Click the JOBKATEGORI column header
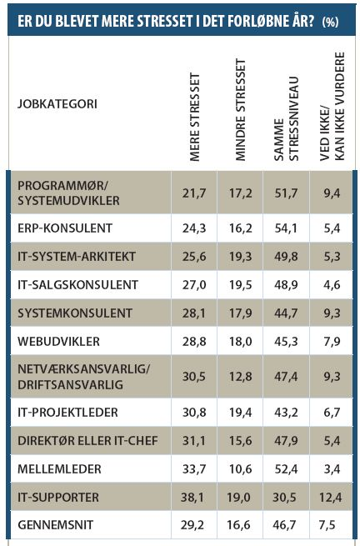point(57,103)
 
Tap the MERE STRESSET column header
point(195,117)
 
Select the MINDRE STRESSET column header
point(241,110)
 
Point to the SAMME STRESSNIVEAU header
point(286,119)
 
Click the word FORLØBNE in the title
point(261,22)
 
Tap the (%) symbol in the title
point(330,22)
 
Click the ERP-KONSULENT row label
point(65,228)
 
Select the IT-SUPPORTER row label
point(58,497)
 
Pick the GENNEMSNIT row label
point(56,525)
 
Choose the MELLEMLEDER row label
point(59,468)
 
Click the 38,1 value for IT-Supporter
point(192,497)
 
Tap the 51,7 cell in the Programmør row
point(286,193)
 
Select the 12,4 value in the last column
point(330,497)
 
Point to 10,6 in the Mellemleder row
point(241,468)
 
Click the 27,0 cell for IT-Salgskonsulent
point(194,284)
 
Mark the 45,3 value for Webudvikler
point(286,341)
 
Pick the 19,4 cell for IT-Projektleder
point(241,413)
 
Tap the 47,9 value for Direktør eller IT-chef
point(286,440)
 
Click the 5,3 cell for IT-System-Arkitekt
point(332,256)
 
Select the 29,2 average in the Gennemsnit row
point(192,525)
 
